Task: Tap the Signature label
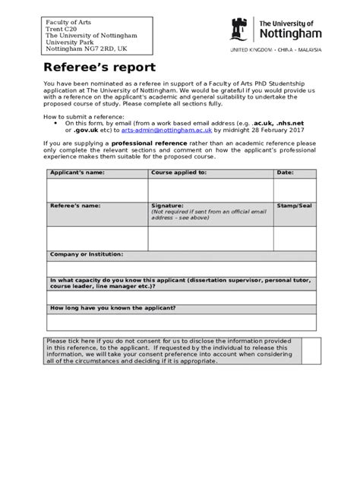pyautogui.click(x=167, y=206)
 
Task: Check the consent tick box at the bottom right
pyautogui.click(x=308, y=351)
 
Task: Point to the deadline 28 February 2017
pyautogui.click(x=285, y=130)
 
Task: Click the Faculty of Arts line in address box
pyautogui.click(x=67, y=22)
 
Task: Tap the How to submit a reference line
pyautogui.click(x=84, y=115)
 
